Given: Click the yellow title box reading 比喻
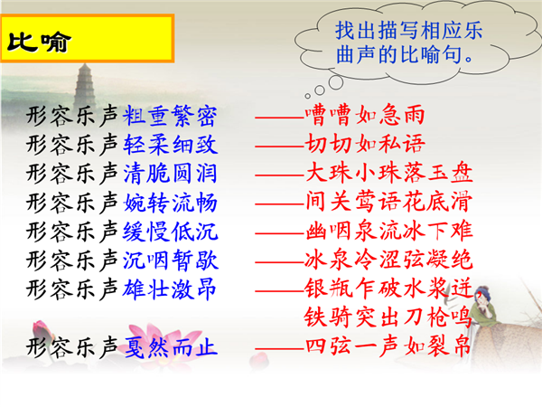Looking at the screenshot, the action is click(87, 38).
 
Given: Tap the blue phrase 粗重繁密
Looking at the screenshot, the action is click(170, 116).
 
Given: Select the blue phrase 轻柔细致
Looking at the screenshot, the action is click(170, 145).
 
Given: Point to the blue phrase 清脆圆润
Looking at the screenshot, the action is click(170, 174).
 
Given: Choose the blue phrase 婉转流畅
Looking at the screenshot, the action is click(170, 203).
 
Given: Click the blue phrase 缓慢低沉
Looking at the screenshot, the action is click(170, 232).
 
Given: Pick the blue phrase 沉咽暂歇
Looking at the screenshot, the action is click(170, 260).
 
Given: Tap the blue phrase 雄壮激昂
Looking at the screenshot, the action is click(170, 289).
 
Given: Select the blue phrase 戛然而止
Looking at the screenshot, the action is click(170, 347).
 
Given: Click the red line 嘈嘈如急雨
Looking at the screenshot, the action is click(365, 115).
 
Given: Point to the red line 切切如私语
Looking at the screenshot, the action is click(365, 144).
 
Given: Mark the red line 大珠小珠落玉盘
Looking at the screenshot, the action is click(388, 173).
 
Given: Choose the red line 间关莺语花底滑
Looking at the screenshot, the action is click(388, 202).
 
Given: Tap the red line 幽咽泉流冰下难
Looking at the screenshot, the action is click(388, 231).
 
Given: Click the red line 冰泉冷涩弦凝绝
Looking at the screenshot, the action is click(388, 260).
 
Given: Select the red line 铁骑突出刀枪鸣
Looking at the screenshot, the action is click(388, 317).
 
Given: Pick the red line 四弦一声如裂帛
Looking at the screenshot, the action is click(388, 346).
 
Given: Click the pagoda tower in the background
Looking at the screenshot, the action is click(85, 86).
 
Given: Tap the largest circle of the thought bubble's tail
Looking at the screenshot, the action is click(336, 82).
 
